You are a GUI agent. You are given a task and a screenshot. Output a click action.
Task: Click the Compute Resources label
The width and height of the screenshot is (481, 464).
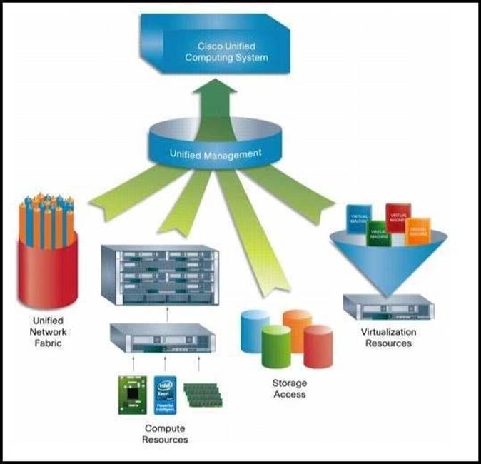point(166,433)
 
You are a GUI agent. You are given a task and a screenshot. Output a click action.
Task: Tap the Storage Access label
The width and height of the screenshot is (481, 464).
point(290,388)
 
